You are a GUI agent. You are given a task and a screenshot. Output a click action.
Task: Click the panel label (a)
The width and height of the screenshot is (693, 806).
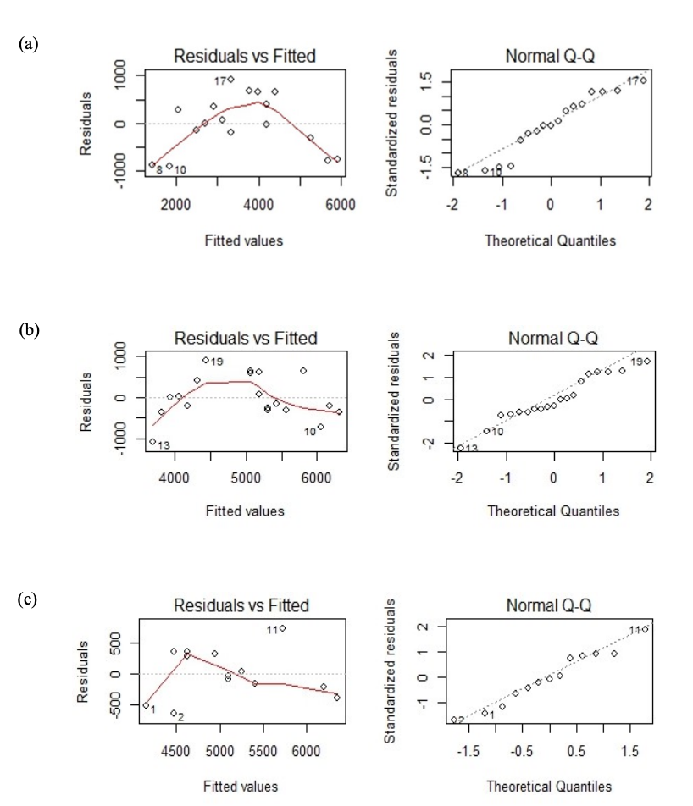(x=28, y=42)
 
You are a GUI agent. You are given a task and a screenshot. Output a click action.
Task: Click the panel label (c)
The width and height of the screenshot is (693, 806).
(x=28, y=599)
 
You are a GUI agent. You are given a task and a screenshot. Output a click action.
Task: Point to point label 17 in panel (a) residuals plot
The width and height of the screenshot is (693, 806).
(x=219, y=80)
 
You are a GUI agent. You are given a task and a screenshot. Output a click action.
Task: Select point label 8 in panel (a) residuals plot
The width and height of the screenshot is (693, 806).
(x=158, y=170)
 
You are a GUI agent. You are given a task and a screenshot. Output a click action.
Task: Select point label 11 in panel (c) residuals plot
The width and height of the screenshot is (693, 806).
(x=273, y=629)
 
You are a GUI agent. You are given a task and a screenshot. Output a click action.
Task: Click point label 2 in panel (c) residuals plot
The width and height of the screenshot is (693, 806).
(x=180, y=717)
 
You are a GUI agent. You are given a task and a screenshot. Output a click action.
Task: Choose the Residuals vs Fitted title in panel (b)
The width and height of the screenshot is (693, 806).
(x=246, y=339)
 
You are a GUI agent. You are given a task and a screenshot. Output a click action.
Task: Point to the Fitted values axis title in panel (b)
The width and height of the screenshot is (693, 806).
(x=245, y=511)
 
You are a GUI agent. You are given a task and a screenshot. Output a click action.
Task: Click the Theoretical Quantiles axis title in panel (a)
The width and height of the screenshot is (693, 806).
(x=550, y=240)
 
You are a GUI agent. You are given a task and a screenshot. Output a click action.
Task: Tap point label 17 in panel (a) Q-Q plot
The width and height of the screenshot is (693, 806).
(x=632, y=80)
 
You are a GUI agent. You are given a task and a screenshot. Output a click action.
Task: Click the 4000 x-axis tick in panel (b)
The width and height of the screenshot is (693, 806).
(x=175, y=478)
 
